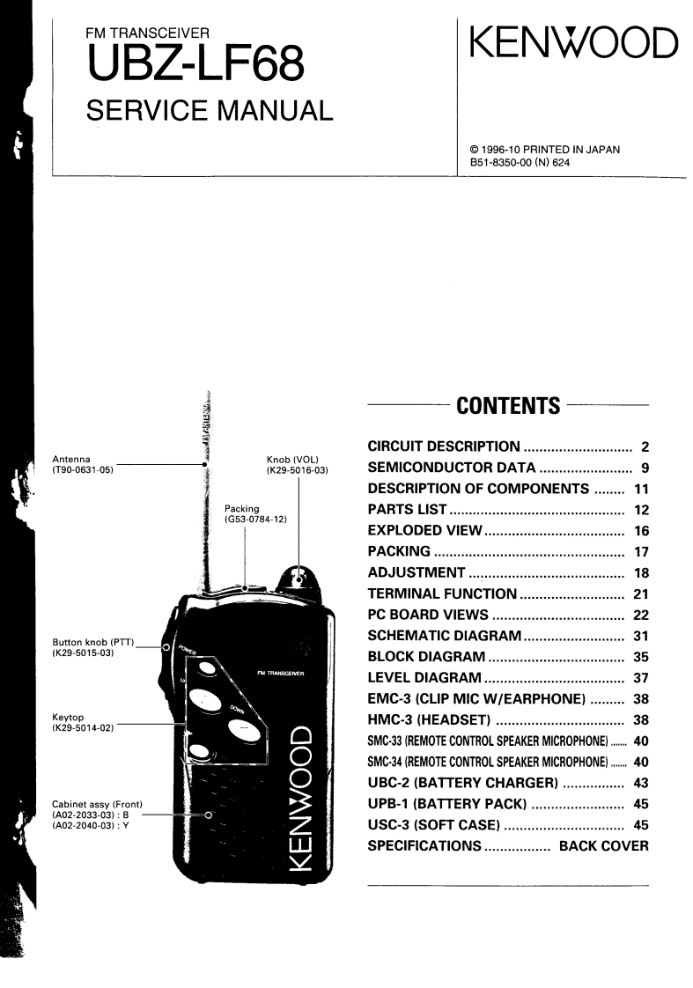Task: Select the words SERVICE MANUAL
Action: point(209,111)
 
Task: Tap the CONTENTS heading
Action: point(508,406)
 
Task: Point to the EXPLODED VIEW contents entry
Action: point(425,531)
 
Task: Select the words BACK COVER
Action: point(604,846)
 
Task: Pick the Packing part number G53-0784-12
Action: point(257,520)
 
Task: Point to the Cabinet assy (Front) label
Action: point(98,806)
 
